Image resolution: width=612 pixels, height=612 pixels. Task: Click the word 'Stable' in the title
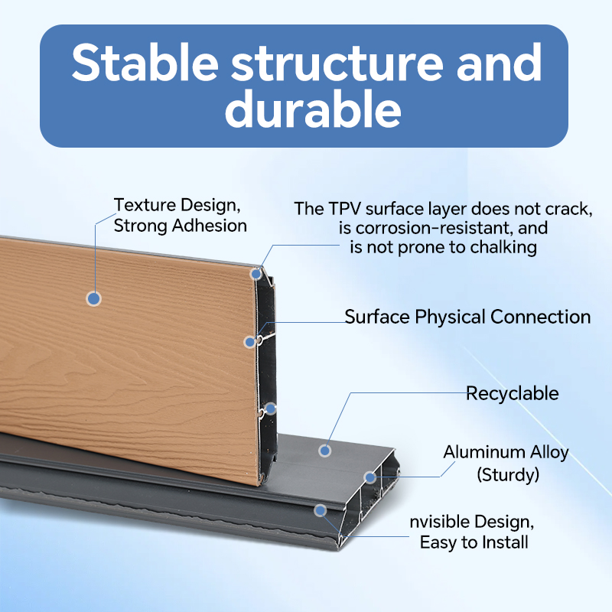point(145,63)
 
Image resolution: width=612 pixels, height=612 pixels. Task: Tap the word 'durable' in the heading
point(313,109)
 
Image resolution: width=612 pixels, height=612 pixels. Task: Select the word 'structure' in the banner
point(337,63)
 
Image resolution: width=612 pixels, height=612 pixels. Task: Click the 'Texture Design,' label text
point(177,205)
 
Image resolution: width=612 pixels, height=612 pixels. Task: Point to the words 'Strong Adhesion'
point(181,226)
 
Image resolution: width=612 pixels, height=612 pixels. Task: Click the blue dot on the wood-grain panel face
point(93,298)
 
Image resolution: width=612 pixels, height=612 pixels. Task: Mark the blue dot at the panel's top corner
point(256,274)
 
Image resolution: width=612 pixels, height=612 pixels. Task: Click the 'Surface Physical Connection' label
point(467,317)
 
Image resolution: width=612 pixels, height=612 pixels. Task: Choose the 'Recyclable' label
point(513,393)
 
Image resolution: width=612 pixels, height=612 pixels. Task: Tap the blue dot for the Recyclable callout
point(324,451)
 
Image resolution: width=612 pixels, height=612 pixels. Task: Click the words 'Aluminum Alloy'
point(506,452)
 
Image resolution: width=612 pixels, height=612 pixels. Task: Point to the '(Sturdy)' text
point(508,475)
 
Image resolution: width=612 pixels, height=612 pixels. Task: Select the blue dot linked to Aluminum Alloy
point(369,477)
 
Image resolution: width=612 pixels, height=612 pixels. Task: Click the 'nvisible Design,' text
point(472,522)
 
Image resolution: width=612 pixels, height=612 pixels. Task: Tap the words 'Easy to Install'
point(474,542)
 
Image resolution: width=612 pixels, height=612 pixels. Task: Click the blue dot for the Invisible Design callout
point(320,510)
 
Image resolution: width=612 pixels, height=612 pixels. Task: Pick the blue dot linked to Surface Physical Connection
point(250,342)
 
